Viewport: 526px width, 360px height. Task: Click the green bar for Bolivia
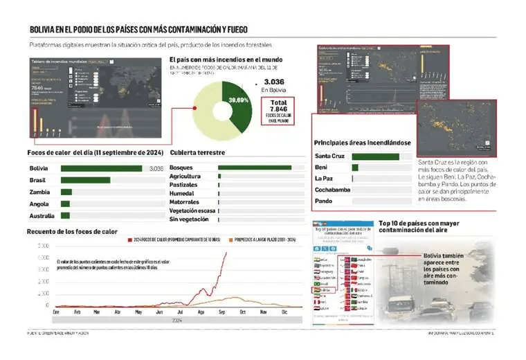tap(102, 168)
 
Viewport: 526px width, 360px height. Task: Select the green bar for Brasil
tap(86, 180)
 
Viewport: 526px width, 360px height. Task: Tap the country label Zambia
tap(39, 192)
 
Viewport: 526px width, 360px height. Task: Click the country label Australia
tap(42, 215)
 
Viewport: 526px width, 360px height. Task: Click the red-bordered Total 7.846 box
tap(278, 111)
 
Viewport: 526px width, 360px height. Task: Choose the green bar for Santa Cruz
tap(375, 156)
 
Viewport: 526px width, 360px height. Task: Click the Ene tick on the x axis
tap(56, 313)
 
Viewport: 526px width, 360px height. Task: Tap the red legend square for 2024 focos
tap(129, 240)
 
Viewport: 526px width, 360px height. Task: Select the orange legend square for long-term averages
tap(230, 240)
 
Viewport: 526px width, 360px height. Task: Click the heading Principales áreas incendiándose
tap(363, 143)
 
